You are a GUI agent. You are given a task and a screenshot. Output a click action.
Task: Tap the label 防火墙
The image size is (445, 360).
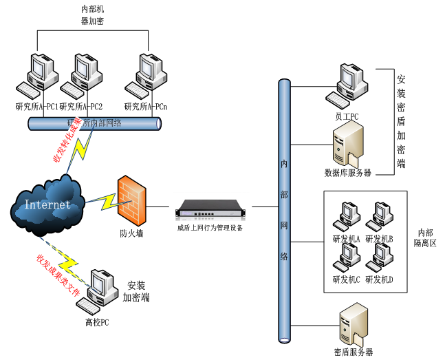click(131, 233)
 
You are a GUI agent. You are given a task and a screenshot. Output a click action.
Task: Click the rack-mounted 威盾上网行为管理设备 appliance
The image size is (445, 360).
click(210, 208)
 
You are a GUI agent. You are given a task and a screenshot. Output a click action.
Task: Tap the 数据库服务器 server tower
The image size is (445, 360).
click(347, 146)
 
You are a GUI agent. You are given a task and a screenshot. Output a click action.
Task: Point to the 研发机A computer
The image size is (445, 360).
click(344, 218)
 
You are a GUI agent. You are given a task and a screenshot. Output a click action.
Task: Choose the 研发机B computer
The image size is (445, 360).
click(380, 218)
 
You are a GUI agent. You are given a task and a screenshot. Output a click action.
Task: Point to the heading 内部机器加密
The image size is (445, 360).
click(92, 16)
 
